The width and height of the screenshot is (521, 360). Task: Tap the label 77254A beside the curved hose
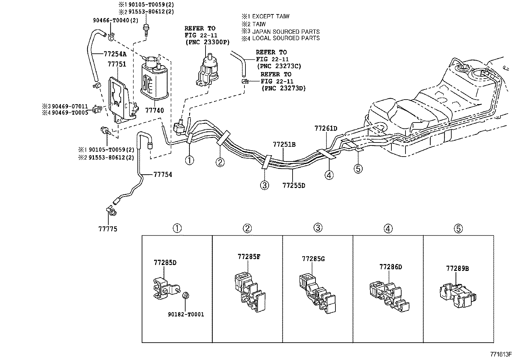click(115, 53)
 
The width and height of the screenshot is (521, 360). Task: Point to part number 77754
click(163, 175)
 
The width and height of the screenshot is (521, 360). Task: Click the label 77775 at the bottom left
click(108, 229)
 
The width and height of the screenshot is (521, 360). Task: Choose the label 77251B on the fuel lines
click(284, 144)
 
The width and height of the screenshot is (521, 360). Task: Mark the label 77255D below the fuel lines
click(294, 185)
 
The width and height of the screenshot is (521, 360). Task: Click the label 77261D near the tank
click(326, 128)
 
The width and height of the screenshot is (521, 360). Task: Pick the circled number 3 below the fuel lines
click(264, 185)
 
